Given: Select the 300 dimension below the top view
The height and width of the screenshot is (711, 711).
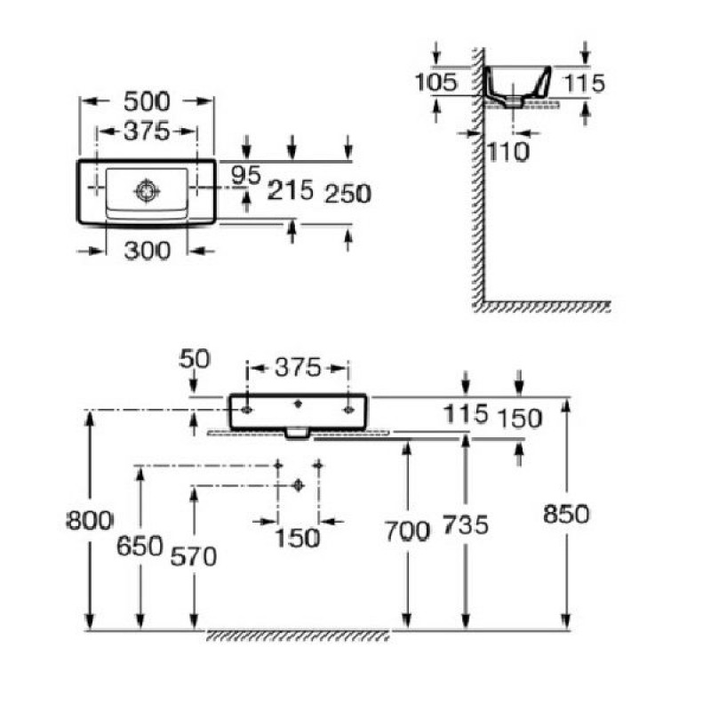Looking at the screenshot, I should pos(147,252).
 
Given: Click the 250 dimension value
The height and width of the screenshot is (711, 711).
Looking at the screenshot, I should pos(348,193).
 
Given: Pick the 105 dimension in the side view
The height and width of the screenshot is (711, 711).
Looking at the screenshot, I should pos(435,84).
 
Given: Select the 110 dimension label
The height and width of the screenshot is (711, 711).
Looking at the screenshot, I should pos(508,152).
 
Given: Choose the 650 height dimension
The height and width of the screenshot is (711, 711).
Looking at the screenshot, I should pos(140,545).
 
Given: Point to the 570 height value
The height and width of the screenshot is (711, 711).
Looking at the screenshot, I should pos(192,556).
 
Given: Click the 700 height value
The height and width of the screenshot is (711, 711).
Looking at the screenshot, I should pos(407,531).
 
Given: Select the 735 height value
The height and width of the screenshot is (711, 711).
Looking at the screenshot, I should pos(466,525).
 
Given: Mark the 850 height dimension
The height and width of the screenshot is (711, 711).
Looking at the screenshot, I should pos(566,514).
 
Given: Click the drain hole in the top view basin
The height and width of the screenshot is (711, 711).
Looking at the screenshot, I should pos(145,189).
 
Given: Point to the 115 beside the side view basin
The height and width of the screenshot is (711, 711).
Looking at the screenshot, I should pos(584,84).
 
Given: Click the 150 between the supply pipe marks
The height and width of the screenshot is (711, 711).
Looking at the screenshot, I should pos(298,538).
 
